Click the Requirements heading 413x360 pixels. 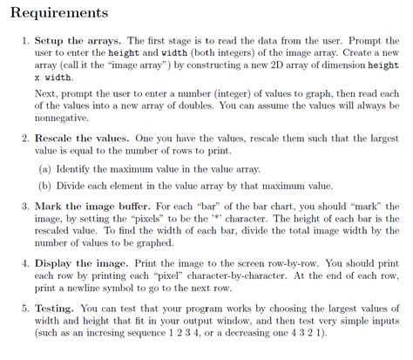pos(59,13)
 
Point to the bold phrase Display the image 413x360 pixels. pos(85,262)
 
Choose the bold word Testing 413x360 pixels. pos(54,308)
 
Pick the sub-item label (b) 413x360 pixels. pos(43,185)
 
